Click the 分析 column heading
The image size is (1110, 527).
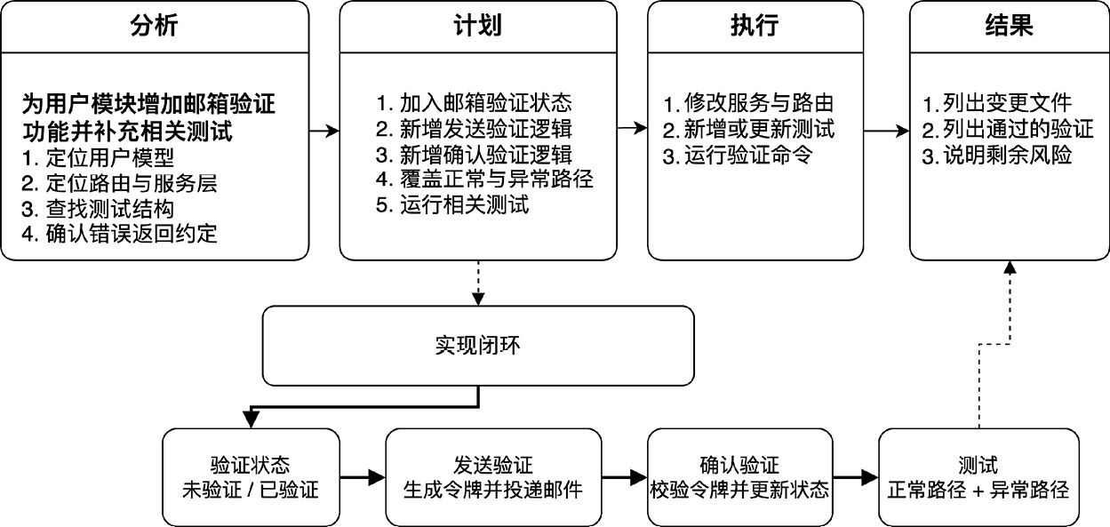click(x=154, y=25)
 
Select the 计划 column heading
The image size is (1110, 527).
click(x=478, y=25)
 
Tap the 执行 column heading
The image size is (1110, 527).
click(x=755, y=25)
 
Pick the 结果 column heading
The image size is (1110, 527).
click(x=1010, y=25)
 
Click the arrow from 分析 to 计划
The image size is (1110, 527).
click(x=324, y=132)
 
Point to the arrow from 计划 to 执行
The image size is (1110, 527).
click(x=632, y=128)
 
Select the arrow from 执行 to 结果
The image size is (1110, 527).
click(x=887, y=132)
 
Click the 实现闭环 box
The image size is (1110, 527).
click(x=478, y=346)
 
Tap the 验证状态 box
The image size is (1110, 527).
click(x=251, y=477)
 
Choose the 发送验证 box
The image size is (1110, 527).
click(x=493, y=477)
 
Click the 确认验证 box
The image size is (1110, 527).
click(x=739, y=477)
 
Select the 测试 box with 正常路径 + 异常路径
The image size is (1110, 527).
click(x=978, y=477)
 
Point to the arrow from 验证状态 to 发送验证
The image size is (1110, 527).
click(x=363, y=477)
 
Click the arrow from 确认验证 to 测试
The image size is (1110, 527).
click(x=855, y=477)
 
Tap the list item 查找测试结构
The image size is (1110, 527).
click(x=98, y=209)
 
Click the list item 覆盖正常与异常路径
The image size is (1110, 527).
click(x=484, y=180)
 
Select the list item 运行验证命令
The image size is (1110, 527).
click(x=738, y=156)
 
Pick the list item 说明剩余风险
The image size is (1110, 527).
click(x=997, y=156)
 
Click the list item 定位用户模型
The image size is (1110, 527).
click(x=98, y=157)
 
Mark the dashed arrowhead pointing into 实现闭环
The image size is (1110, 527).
click(x=478, y=299)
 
